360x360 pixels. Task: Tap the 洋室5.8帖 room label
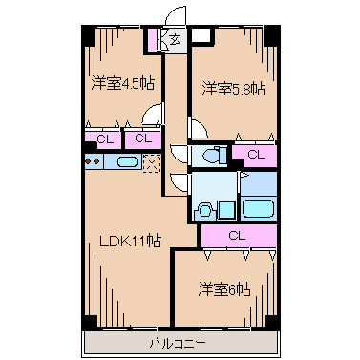pyautogui.click(x=232, y=89)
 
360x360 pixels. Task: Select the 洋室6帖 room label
pyautogui.click(x=225, y=287)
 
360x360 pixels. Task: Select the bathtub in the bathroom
pyautogui.click(x=259, y=208)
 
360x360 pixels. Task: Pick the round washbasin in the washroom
pyautogui.click(x=202, y=210)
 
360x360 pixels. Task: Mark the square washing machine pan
pyautogui.click(x=226, y=208)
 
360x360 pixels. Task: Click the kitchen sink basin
pyautogui.click(x=125, y=163)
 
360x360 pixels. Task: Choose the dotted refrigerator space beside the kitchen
pyautogui.click(x=151, y=164)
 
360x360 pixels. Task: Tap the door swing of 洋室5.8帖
pyautogui.click(x=196, y=129)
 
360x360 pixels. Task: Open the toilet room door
pyautogui.click(x=178, y=152)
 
